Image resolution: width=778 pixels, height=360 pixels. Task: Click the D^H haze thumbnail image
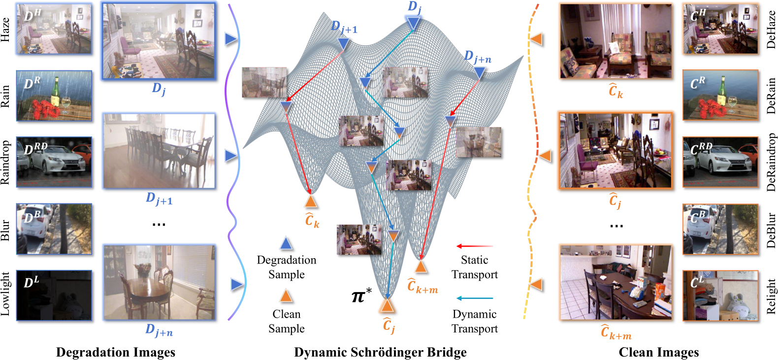click(x=54, y=29)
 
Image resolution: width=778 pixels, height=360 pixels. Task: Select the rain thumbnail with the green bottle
click(x=54, y=96)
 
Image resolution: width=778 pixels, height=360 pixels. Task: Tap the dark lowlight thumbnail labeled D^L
click(x=54, y=295)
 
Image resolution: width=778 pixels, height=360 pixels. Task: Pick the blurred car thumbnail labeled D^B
click(x=54, y=229)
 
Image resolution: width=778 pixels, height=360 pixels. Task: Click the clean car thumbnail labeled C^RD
click(x=720, y=162)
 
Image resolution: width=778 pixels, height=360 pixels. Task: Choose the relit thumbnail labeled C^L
click(x=720, y=295)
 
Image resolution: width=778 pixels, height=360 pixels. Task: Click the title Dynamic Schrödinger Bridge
click(x=380, y=352)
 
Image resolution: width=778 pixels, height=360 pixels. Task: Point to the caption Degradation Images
click(x=116, y=352)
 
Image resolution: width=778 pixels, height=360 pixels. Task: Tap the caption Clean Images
click(x=659, y=352)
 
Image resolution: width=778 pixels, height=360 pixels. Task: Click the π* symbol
click(x=361, y=295)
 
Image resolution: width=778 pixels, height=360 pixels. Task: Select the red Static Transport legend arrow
click(x=475, y=246)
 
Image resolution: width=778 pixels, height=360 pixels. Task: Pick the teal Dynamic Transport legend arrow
click(x=475, y=298)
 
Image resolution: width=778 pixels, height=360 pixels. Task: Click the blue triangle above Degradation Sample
click(x=286, y=244)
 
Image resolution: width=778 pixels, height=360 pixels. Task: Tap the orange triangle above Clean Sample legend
click(x=286, y=295)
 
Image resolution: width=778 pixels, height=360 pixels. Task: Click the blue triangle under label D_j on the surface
click(x=413, y=24)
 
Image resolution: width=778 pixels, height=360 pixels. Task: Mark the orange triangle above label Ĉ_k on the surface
click(x=311, y=201)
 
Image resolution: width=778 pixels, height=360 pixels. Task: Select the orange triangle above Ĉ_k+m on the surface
click(x=421, y=266)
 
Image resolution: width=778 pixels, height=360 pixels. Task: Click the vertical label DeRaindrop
click(x=771, y=162)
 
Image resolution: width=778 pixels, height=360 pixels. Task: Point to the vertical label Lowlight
click(x=5, y=294)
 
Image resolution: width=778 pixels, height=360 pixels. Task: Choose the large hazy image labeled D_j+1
click(x=159, y=151)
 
